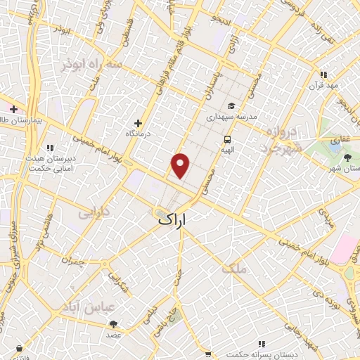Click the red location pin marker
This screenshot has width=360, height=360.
click(181, 165)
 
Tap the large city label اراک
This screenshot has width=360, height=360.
click(174, 219)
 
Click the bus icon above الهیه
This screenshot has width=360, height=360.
click(227, 139)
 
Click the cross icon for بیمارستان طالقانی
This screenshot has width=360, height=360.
click(13, 109)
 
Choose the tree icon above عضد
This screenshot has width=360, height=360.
click(114, 324)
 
